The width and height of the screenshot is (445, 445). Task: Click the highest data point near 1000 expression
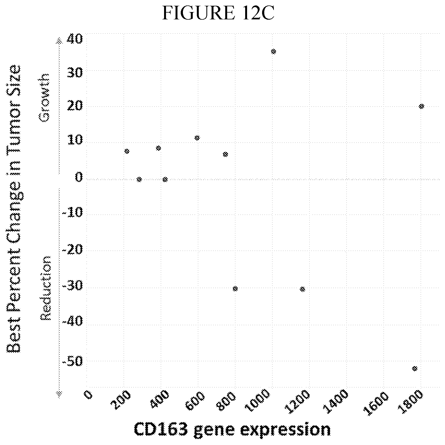[x=274, y=52]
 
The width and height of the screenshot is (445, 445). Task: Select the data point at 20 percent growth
[x=422, y=106]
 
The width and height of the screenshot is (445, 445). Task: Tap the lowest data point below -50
[x=415, y=369]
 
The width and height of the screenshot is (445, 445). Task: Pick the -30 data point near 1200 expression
[x=302, y=289]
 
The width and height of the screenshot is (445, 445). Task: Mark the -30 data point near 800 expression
[x=235, y=289]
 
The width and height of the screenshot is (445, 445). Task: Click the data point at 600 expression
[x=197, y=138]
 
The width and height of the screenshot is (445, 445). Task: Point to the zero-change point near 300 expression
[x=139, y=179]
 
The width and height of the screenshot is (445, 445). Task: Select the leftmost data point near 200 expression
[x=127, y=151]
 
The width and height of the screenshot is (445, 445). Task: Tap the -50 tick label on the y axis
[x=72, y=361]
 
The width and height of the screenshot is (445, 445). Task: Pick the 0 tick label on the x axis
[x=88, y=395]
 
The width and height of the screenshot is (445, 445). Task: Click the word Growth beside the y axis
[x=44, y=97]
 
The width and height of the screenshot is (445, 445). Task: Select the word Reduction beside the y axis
[x=45, y=288]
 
